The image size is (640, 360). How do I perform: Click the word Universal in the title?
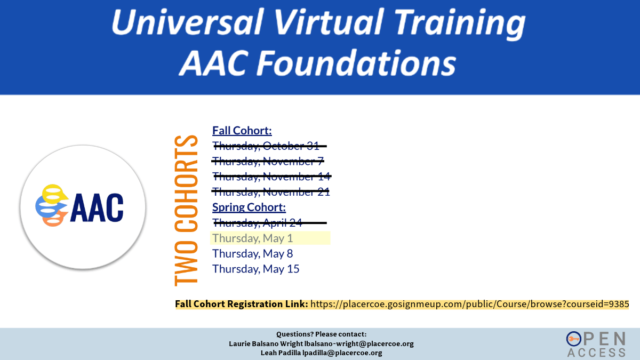(x=187, y=22)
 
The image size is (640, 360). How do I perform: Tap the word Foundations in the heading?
(x=356, y=63)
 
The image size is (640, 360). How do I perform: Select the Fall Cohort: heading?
(x=242, y=131)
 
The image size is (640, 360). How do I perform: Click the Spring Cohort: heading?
(x=249, y=207)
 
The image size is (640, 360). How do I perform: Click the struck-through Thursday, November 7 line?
(x=268, y=161)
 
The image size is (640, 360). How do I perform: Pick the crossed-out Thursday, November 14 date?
(x=271, y=177)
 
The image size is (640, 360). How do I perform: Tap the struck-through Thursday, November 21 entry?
(x=271, y=192)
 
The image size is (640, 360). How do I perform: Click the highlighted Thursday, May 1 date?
(x=253, y=238)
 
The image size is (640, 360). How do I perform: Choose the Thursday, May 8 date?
(x=253, y=253)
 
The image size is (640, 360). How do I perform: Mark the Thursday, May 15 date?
(x=255, y=269)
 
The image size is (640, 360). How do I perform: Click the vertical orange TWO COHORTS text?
(x=186, y=211)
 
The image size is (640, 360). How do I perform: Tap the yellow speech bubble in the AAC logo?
(x=54, y=194)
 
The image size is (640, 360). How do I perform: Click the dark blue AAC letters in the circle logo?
(x=97, y=207)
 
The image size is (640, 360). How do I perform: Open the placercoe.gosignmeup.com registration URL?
(x=470, y=304)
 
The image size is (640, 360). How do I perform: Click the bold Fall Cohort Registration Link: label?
(x=242, y=304)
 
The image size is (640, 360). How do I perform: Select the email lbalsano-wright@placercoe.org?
(x=359, y=343)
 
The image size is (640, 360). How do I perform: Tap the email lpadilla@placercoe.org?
(x=342, y=353)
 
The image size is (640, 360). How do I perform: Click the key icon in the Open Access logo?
(x=574, y=339)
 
